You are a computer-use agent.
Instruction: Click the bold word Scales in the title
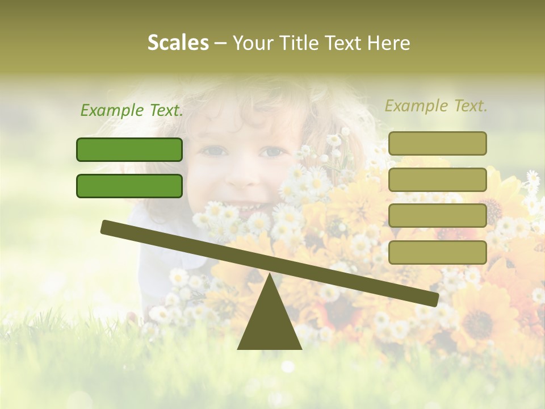click(x=178, y=43)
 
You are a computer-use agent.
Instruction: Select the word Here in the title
click(x=390, y=43)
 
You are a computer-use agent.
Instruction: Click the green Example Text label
click(x=132, y=110)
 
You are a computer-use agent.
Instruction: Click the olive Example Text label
click(x=436, y=106)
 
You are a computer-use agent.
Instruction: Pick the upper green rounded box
click(x=129, y=149)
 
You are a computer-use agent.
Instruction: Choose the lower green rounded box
click(x=129, y=186)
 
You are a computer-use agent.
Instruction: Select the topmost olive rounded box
click(x=437, y=143)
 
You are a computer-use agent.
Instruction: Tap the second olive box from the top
click(x=437, y=180)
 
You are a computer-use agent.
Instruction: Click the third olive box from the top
click(x=437, y=216)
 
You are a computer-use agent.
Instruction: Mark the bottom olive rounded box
click(x=437, y=252)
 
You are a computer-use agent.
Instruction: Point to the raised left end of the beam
click(x=108, y=227)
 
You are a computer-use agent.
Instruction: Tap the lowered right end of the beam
click(x=431, y=299)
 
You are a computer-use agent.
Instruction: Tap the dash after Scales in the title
click(x=220, y=43)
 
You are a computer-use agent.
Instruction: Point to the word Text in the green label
click(x=163, y=110)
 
